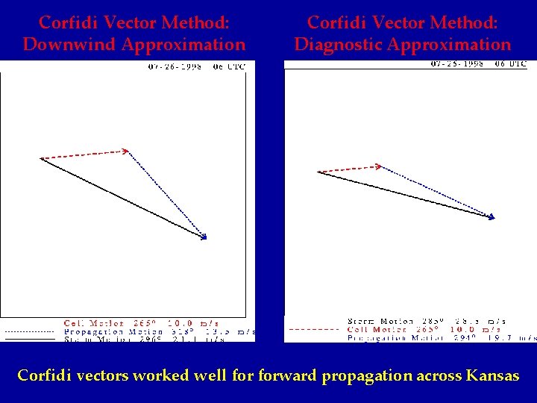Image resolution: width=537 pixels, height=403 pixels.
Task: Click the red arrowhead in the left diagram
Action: pos(126,151)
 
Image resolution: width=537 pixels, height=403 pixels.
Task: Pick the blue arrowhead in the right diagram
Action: pos(492,217)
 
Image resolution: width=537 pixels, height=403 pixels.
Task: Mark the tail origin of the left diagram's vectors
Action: pos(41,158)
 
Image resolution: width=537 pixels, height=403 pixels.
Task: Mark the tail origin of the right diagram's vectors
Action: pos(318,172)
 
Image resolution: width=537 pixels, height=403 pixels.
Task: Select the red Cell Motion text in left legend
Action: pos(94,323)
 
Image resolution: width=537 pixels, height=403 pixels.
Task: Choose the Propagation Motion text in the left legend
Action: pos(104,331)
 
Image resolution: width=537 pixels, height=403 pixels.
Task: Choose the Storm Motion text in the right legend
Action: pos(380,322)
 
